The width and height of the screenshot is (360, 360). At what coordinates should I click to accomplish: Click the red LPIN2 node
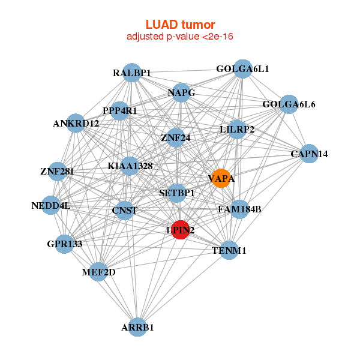click(180, 229)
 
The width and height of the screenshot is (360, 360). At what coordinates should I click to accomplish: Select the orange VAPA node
click(221, 178)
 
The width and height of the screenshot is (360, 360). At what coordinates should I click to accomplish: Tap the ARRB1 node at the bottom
click(138, 327)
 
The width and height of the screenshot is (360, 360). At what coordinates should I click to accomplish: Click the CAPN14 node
click(309, 154)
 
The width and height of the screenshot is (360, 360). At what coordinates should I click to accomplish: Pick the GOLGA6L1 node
click(242, 69)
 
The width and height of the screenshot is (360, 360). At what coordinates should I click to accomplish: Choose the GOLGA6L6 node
click(289, 104)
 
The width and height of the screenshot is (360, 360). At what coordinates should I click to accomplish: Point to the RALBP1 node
click(131, 73)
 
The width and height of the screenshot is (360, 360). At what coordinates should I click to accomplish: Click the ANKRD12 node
click(76, 124)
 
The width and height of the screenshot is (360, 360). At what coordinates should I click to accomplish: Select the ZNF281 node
click(57, 172)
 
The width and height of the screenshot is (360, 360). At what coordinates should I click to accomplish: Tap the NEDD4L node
click(51, 206)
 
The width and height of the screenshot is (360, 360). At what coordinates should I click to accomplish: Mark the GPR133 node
click(64, 244)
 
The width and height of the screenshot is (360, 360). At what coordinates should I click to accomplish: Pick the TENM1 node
click(229, 250)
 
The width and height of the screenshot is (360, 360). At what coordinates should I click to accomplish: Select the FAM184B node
click(239, 209)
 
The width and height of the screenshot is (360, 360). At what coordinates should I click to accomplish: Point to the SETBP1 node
click(177, 193)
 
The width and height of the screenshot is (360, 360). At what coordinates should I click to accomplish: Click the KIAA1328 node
click(130, 166)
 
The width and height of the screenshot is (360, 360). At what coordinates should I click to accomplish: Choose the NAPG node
click(181, 92)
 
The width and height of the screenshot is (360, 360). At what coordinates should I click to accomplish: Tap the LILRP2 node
click(237, 129)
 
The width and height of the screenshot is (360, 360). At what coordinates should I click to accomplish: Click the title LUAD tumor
click(180, 25)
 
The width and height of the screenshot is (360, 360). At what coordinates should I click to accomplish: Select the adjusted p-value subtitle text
click(180, 37)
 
